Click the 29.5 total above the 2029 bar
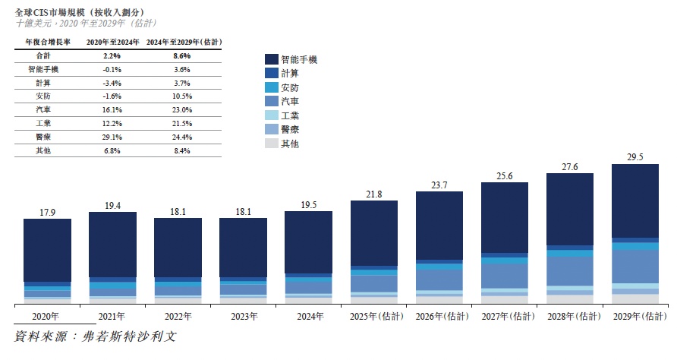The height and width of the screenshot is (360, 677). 634,157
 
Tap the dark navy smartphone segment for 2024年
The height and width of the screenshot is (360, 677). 308,242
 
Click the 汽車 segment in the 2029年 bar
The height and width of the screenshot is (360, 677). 634,266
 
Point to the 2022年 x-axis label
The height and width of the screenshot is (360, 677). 178,316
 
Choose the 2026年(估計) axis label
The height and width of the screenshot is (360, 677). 439,316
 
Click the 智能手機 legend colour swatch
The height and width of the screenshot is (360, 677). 271,59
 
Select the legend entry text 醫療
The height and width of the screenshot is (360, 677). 289,130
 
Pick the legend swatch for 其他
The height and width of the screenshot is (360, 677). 271,144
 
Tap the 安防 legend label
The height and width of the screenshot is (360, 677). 289,87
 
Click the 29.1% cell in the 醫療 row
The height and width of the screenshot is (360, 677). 112,137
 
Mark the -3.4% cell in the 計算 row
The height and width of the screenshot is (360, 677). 112,83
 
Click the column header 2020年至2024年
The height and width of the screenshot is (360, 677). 112,43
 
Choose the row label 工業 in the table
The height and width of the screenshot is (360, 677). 43,123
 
